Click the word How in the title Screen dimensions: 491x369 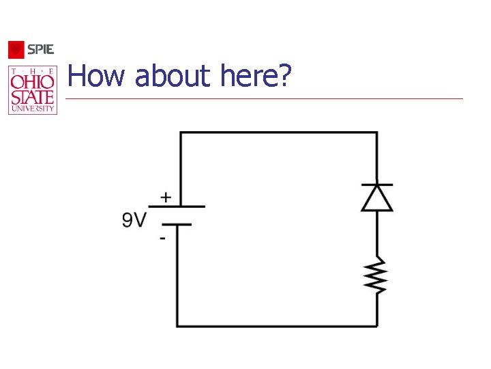(96, 75)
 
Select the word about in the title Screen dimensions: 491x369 (173, 75)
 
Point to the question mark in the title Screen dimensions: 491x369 (284, 75)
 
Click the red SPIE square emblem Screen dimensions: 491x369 (16, 50)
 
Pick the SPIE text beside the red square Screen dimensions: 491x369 (40, 49)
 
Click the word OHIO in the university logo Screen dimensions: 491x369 (32, 82)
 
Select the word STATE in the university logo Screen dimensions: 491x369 (32, 97)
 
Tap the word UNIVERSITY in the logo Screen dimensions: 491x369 (33, 109)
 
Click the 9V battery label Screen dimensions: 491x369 (134, 219)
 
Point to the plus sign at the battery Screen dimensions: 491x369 (166, 197)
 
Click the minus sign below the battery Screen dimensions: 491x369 (162, 238)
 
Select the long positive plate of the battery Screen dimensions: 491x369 (177, 206)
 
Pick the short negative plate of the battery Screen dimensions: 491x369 (177, 225)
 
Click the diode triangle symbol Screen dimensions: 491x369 (377, 198)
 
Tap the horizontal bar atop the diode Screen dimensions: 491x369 (377, 184)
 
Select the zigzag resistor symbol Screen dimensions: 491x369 (376, 275)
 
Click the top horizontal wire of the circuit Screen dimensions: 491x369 (279, 133)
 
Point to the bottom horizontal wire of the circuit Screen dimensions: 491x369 (277, 327)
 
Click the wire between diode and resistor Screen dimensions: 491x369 (377, 234)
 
